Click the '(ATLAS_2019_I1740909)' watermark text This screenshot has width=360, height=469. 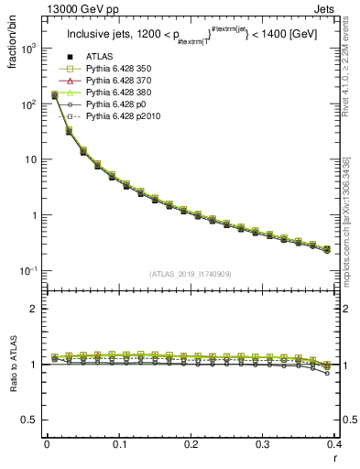click(x=191, y=275)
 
